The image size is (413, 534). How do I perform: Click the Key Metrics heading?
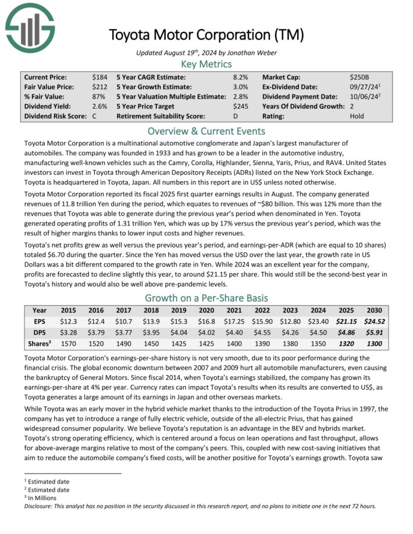206,64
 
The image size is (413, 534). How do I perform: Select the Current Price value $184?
99,77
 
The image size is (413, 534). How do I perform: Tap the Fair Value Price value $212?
99,87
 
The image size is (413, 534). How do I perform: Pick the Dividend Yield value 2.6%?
99,106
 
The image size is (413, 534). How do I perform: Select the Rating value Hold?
357,116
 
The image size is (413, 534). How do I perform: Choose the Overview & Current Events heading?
206,131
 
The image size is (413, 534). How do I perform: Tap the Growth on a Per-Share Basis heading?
206,298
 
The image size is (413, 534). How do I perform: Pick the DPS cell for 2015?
69,332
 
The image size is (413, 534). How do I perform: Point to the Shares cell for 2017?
124,343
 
